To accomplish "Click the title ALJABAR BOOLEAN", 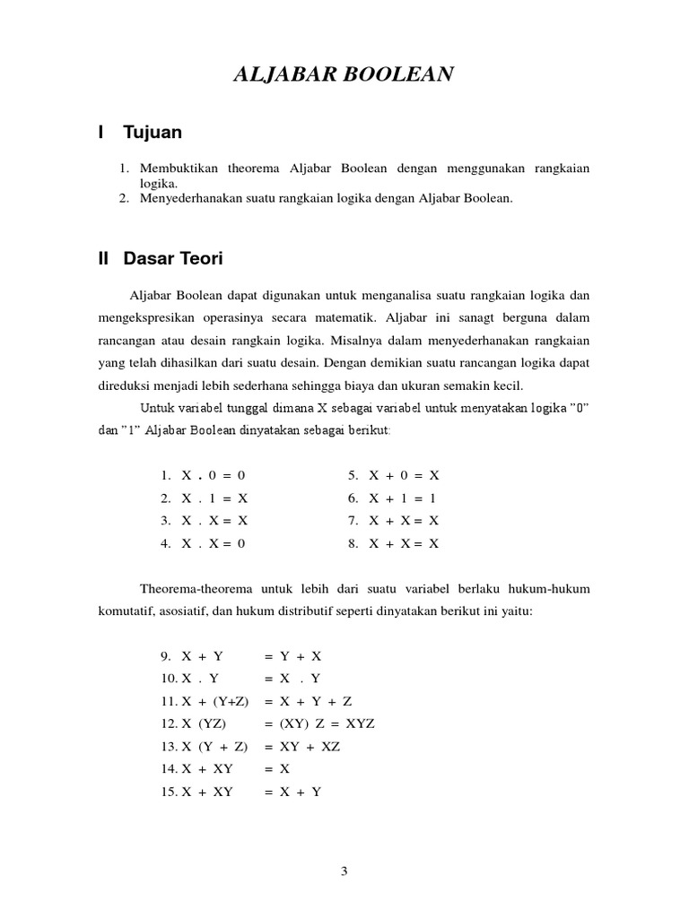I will pyautogui.click(x=344, y=74).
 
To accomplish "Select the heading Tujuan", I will pyautogui.click(x=153, y=133).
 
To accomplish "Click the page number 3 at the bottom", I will pyautogui.click(x=344, y=870).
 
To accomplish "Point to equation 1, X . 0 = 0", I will pyautogui.click(x=213, y=475).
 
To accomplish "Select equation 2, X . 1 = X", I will pyautogui.click(x=214, y=498).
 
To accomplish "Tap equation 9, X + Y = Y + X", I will pyautogui.click(x=242, y=655).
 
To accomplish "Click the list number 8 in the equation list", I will pyautogui.click(x=353, y=543).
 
